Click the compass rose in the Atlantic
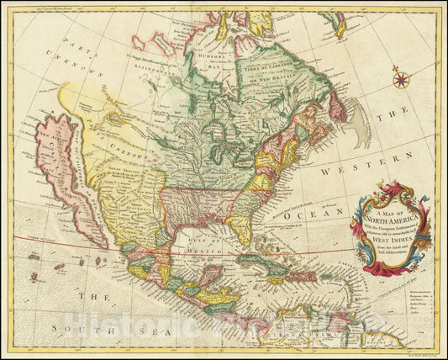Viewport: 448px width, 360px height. click(x=401, y=81)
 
